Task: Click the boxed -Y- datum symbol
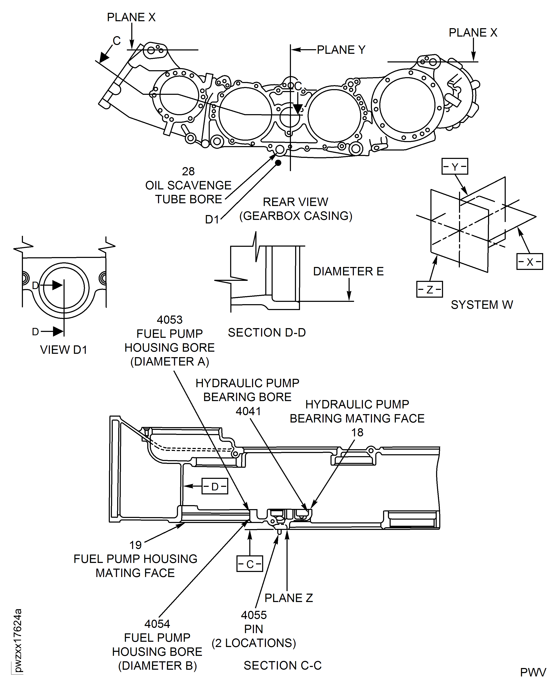(x=454, y=166)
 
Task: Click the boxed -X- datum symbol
(x=529, y=262)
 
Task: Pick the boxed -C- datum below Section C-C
(x=249, y=564)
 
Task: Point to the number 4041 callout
(x=248, y=411)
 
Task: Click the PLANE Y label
(x=341, y=50)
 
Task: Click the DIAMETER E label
(x=348, y=271)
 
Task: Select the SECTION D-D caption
(x=267, y=333)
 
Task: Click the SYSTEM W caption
(x=482, y=305)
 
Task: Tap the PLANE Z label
(x=289, y=598)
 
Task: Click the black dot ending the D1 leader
(x=278, y=163)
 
